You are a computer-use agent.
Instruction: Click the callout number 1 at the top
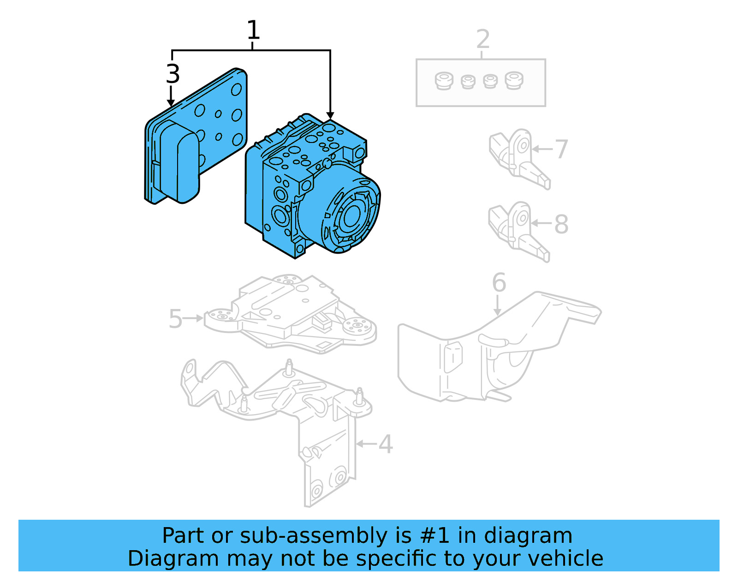pos(253,30)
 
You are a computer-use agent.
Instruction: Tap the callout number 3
pos(173,74)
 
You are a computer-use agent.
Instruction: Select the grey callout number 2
pos(482,39)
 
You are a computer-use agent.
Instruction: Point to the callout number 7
pos(561,149)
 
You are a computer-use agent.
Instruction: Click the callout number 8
pos(561,225)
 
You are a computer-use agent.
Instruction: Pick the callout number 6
pos(499,283)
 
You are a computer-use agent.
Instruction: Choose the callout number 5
pos(175,319)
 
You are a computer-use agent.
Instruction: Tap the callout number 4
pos(386,445)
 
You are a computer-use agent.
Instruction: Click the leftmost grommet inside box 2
pos(444,82)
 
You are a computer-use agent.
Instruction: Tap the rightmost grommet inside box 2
pos(513,81)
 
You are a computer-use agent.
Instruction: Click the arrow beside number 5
pos(194,318)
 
